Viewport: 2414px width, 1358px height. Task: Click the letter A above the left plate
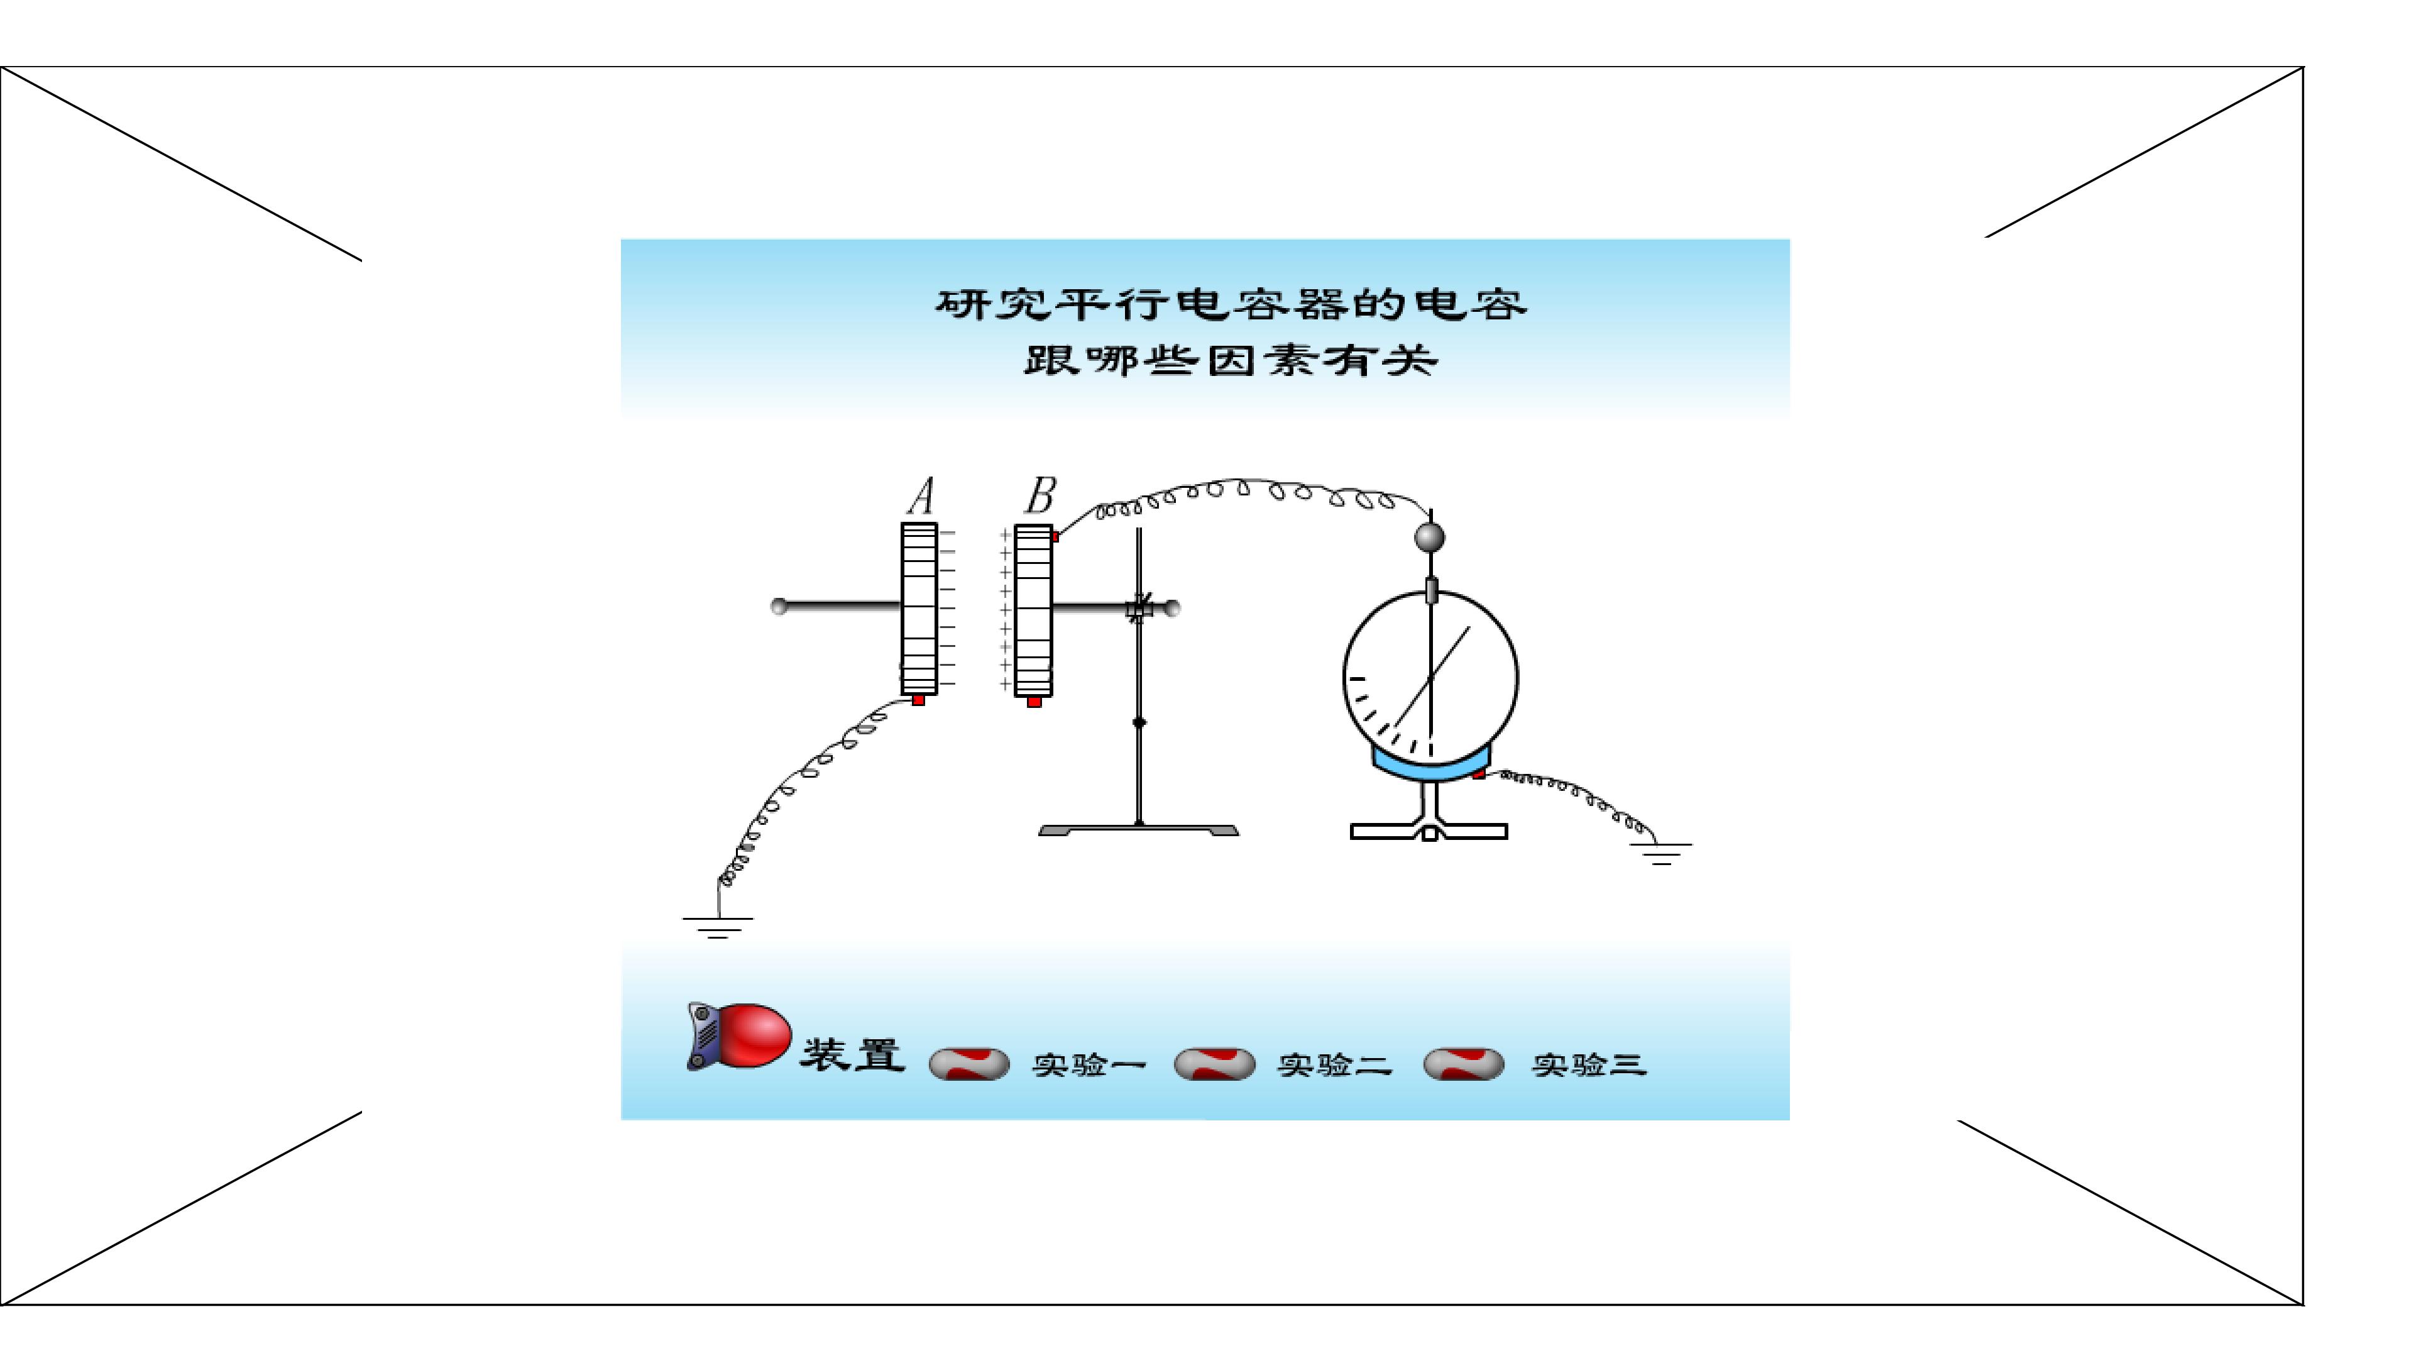922,496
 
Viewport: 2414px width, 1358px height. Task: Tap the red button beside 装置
739,1035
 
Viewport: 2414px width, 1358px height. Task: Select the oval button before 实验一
969,1064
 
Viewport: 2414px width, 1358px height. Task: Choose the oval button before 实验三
1463,1064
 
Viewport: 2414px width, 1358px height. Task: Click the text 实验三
1589,1064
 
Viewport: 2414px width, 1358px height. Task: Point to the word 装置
852,1054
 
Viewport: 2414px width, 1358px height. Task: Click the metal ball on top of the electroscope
1429,537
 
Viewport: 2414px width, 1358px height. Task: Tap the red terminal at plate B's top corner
1055,536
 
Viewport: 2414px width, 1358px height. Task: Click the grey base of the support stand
1139,831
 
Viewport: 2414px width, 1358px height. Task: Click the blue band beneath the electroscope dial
1431,764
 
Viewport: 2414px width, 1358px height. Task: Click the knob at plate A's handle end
779,606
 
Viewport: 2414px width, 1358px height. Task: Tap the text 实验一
1090,1064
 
